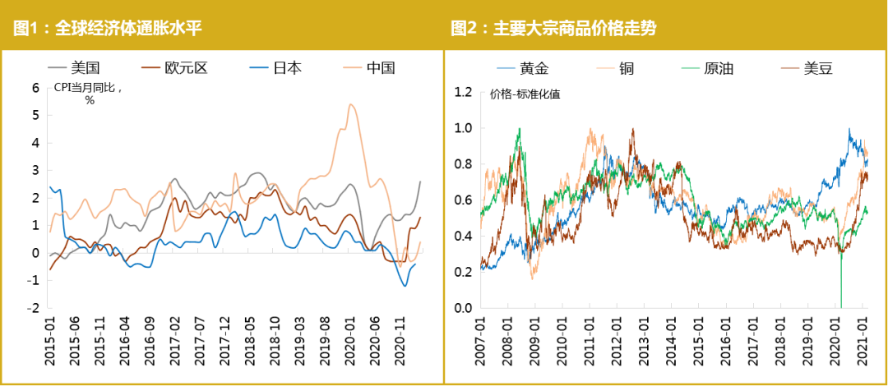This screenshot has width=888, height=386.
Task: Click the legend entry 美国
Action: point(86,67)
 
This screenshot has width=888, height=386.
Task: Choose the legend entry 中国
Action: point(381,67)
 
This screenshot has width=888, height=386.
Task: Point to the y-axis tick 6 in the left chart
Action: point(35,87)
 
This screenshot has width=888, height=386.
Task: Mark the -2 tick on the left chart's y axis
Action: point(33,308)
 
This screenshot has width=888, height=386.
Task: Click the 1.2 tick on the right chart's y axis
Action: point(464,92)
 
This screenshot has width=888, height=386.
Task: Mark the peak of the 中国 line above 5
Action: point(351,104)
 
